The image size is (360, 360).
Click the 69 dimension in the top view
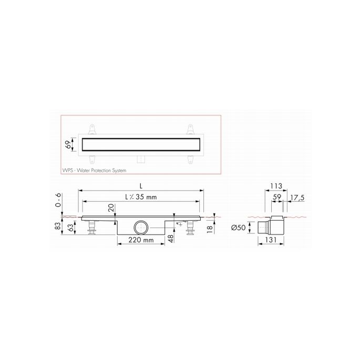tap(67, 144)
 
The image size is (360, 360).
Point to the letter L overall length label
tap(140, 186)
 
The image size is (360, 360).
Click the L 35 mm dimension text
tap(140, 197)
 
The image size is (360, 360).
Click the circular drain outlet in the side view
tap(141, 228)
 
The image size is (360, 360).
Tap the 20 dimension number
tap(112, 209)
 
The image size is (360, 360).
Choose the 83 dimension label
tap(57, 227)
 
